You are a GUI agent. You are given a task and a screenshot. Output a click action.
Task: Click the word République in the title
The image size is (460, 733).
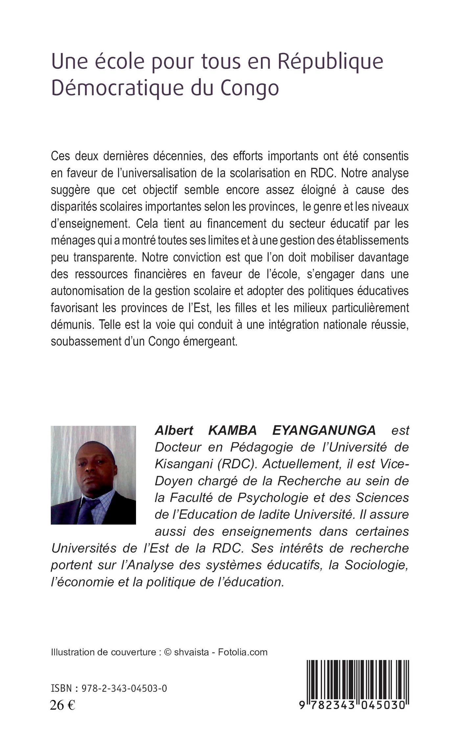[330, 62]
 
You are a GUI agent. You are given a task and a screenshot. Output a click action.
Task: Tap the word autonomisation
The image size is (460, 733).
[88, 291]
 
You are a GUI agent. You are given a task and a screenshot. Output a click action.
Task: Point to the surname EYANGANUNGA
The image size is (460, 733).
[324, 430]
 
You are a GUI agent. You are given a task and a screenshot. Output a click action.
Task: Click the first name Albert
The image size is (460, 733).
[174, 430]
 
